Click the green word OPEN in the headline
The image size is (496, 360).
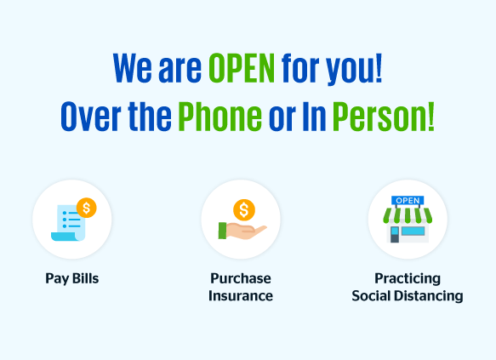(x=242, y=68)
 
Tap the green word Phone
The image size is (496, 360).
(x=219, y=116)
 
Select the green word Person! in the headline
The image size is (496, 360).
(x=383, y=116)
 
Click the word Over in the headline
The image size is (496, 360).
(x=91, y=116)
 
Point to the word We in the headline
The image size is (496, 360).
(x=133, y=68)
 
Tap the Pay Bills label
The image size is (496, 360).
(x=72, y=279)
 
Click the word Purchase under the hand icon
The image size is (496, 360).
(x=241, y=278)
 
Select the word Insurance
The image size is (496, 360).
(x=241, y=296)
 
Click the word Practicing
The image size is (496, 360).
(x=408, y=279)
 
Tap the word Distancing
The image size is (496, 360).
(x=430, y=296)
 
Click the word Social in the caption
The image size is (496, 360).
(x=372, y=296)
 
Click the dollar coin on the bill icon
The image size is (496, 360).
(x=87, y=208)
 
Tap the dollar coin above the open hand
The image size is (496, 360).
(x=244, y=209)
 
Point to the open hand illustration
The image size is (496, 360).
(x=242, y=231)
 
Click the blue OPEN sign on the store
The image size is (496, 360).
(x=408, y=201)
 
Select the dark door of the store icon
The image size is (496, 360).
(x=395, y=235)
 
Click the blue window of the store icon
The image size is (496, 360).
(x=413, y=231)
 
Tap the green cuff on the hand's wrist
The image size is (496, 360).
(x=222, y=231)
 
